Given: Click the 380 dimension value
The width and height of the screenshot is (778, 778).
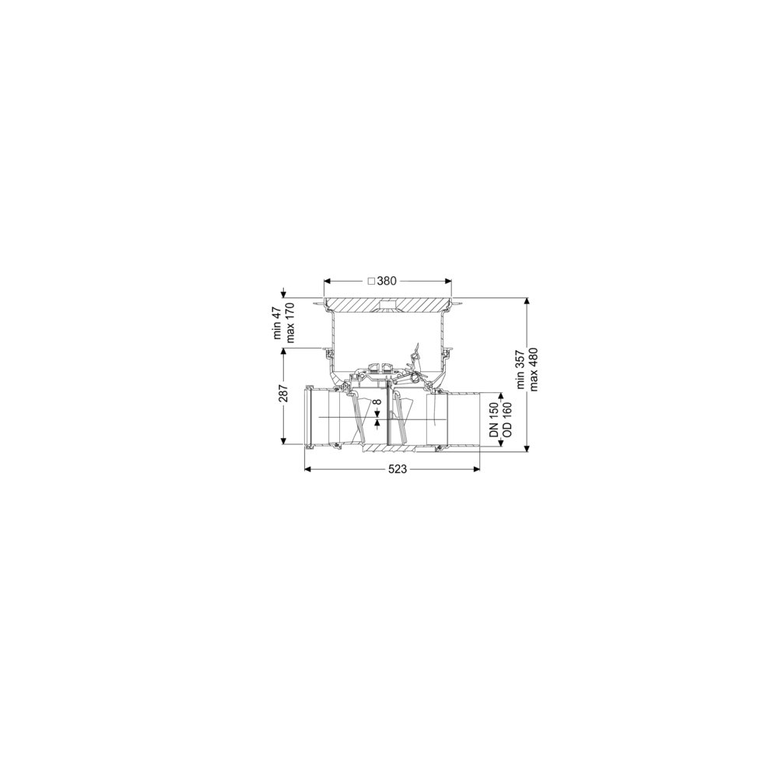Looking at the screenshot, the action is click(x=387, y=281).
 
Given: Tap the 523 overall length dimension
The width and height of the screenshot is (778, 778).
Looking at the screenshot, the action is click(x=398, y=469).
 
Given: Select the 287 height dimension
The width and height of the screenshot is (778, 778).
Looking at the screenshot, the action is click(x=283, y=394).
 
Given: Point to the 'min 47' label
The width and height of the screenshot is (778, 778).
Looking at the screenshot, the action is click(x=278, y=323).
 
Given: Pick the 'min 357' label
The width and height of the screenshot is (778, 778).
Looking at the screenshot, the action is click(x=520, y=369).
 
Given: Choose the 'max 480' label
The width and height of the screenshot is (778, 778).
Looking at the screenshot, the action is click(x=534, y=369).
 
